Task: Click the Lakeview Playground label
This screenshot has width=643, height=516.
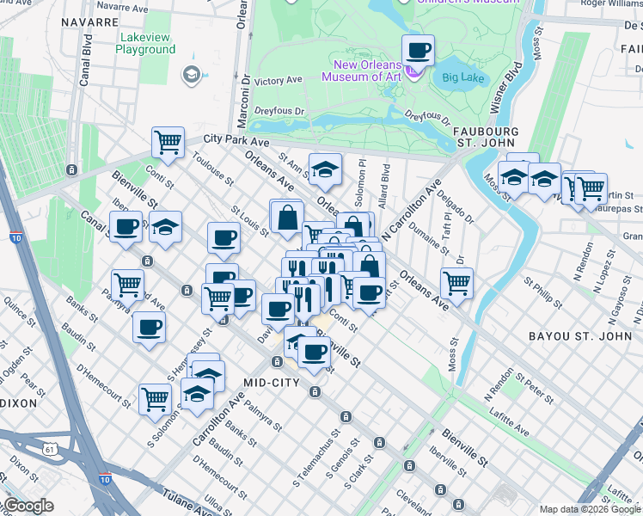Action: click(x=146, y=43)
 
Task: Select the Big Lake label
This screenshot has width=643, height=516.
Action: click(x=464, y=79)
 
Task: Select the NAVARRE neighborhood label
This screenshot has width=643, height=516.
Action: click(x=89, y=21)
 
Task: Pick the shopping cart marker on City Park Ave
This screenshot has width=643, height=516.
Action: click(x=168, y=142)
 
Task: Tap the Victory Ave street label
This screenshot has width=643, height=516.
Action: click(x=279, y=81)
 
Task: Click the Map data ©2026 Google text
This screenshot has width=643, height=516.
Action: click(x=590, y=510)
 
